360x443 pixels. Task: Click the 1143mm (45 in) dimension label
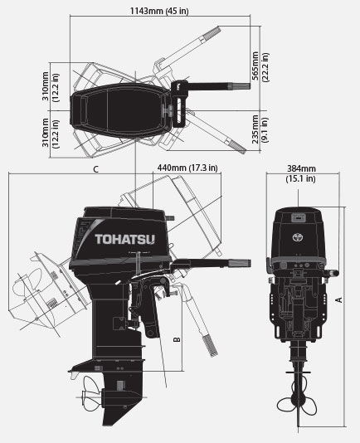point(159,11)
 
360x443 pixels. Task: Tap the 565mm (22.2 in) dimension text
point(260,66)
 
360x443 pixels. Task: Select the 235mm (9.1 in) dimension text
point(260,129)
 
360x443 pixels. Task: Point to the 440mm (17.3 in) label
point(187,168)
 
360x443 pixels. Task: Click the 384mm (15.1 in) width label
point(301,173)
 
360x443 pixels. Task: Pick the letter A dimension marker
point(338,299)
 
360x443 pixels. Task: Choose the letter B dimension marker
point(177,339)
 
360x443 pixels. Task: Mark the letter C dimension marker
point(95,169)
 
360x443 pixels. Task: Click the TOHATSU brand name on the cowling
point(125,239)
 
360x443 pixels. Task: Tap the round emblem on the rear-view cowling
point(298,237)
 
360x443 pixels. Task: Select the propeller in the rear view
point(297,405)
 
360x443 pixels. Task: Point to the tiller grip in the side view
point(240,263)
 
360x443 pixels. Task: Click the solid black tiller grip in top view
point(241,86)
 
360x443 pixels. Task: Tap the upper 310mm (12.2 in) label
point(51,86)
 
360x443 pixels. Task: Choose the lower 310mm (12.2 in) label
point(51,133)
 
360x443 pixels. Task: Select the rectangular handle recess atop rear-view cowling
point(299,217)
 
